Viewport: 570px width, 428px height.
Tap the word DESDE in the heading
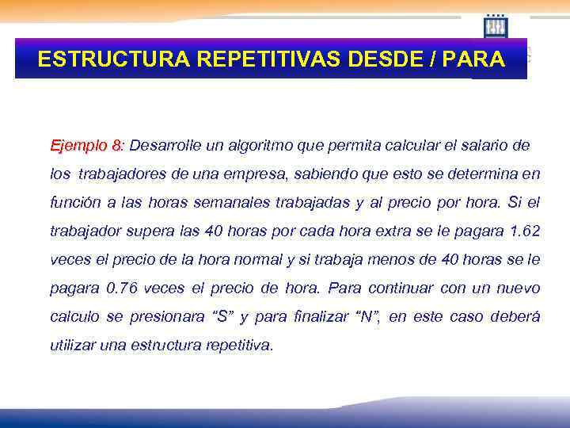pyautogui.click(x=382, y=60)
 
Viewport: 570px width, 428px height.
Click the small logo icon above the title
pyautogui.click(x=496, y=26)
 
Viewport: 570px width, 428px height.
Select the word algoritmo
pyautogui.click(x=262, y=147)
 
